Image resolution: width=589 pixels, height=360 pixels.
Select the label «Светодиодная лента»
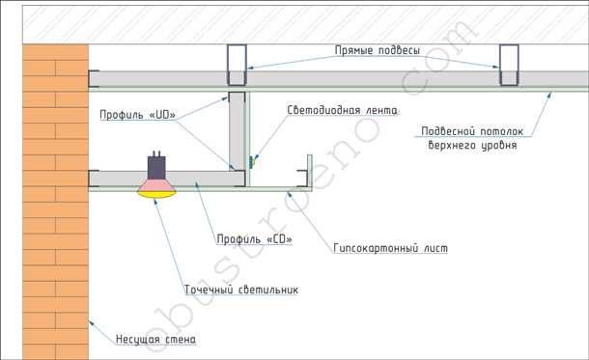pos(343,110)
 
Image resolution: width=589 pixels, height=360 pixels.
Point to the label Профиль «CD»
pos(252,238)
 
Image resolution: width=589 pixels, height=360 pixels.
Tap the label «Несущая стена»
pos(155,340)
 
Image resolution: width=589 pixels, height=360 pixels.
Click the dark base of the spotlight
pos(154,164)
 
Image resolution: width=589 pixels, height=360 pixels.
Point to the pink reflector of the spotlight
pos(158,181)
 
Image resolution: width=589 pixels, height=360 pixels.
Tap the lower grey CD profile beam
pos(193,179)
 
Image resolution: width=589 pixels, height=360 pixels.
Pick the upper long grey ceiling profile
pos(386,78)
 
